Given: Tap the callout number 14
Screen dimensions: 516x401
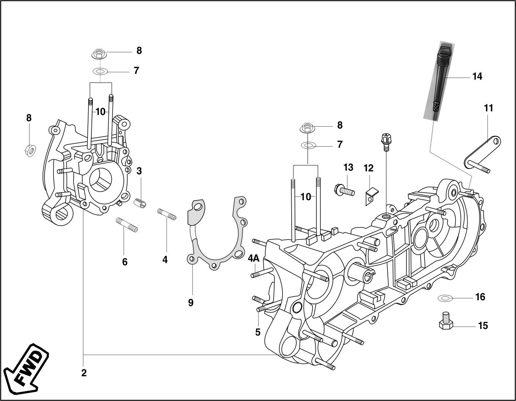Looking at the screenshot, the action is [x=477, y=77].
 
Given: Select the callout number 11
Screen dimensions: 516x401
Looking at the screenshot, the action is [x=488, y=108].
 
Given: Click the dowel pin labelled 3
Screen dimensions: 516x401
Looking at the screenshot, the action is [x=140, y=203].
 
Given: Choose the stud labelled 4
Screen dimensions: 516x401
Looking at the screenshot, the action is [x=167, y=214].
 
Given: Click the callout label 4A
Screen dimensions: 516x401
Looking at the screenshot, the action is [x=253, y=258].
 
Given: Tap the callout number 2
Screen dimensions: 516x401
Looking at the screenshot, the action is [x=84, y=373].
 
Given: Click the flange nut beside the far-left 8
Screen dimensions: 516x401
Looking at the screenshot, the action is [x=30, y=150].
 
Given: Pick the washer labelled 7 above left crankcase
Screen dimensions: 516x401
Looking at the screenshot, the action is [x=100, y=71].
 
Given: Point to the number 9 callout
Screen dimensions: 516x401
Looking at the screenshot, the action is [x=191, y=302].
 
